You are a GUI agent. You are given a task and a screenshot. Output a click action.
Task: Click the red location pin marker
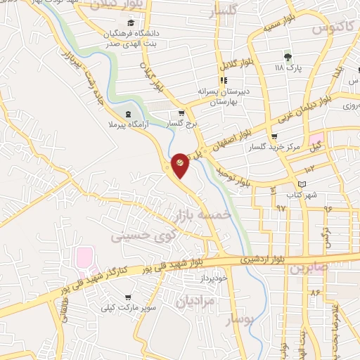180,165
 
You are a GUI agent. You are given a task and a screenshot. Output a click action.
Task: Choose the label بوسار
239,321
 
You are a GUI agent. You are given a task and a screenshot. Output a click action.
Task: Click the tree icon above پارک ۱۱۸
288,56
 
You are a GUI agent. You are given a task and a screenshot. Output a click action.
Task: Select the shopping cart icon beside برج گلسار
181,113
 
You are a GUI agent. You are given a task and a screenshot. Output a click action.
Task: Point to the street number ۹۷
281,209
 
